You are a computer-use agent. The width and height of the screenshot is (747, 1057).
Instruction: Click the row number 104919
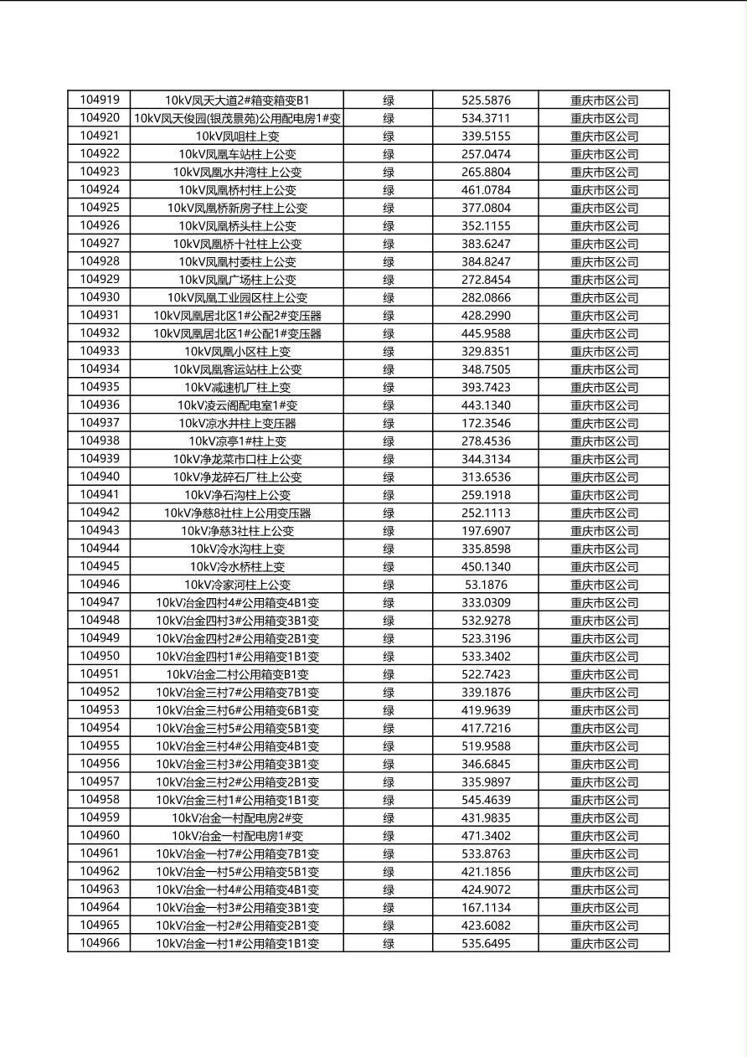coord(100,100)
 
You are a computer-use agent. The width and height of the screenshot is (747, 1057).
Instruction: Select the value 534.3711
coord(486,118)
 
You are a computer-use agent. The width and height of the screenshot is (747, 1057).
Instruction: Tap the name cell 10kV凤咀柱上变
coord(237,136)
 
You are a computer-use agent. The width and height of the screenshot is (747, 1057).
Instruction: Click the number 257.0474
coord(486,154)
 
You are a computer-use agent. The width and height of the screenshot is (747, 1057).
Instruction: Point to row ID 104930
coord(100,297)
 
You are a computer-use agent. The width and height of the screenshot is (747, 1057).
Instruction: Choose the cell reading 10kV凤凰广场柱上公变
coord(237,280)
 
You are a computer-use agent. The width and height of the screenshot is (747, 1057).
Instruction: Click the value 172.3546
coord(486,423)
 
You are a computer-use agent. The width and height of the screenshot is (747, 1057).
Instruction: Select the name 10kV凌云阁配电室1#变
coord(237,405)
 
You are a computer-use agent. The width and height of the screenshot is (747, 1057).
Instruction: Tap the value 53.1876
coord(486,585)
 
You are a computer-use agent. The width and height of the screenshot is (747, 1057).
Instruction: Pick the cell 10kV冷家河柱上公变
coord(237,585)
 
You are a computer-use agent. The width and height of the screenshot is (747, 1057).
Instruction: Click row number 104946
coord(100,585)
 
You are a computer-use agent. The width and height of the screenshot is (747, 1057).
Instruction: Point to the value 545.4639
coord(486,800)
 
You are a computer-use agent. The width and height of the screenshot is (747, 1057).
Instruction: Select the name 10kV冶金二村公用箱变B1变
coord(237,674)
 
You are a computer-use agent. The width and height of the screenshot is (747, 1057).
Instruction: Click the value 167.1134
coord(486,907)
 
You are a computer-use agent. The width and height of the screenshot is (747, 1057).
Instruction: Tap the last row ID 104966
coord(100,943)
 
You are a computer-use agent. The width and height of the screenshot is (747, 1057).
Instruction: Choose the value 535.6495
coord(486,943)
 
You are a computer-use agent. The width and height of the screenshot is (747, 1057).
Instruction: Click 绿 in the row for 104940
coord(389,477)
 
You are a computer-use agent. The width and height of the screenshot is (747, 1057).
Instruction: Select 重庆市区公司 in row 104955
coord(604,746)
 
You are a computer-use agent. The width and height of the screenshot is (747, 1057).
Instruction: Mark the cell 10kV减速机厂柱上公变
coord(237,387)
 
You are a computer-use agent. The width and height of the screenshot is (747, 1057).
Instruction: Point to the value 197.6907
coord(486,531)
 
